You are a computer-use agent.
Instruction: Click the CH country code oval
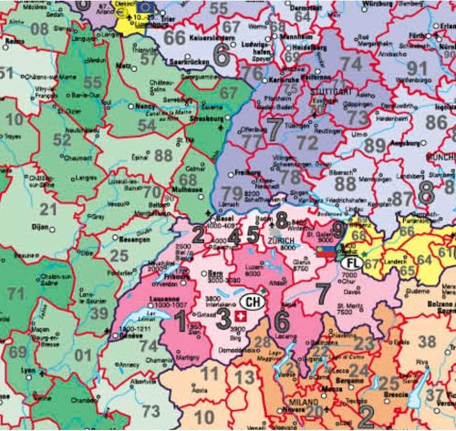pos(256,302)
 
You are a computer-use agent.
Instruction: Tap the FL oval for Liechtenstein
pos(351,263)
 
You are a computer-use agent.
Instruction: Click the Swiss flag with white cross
pos(240,317)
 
